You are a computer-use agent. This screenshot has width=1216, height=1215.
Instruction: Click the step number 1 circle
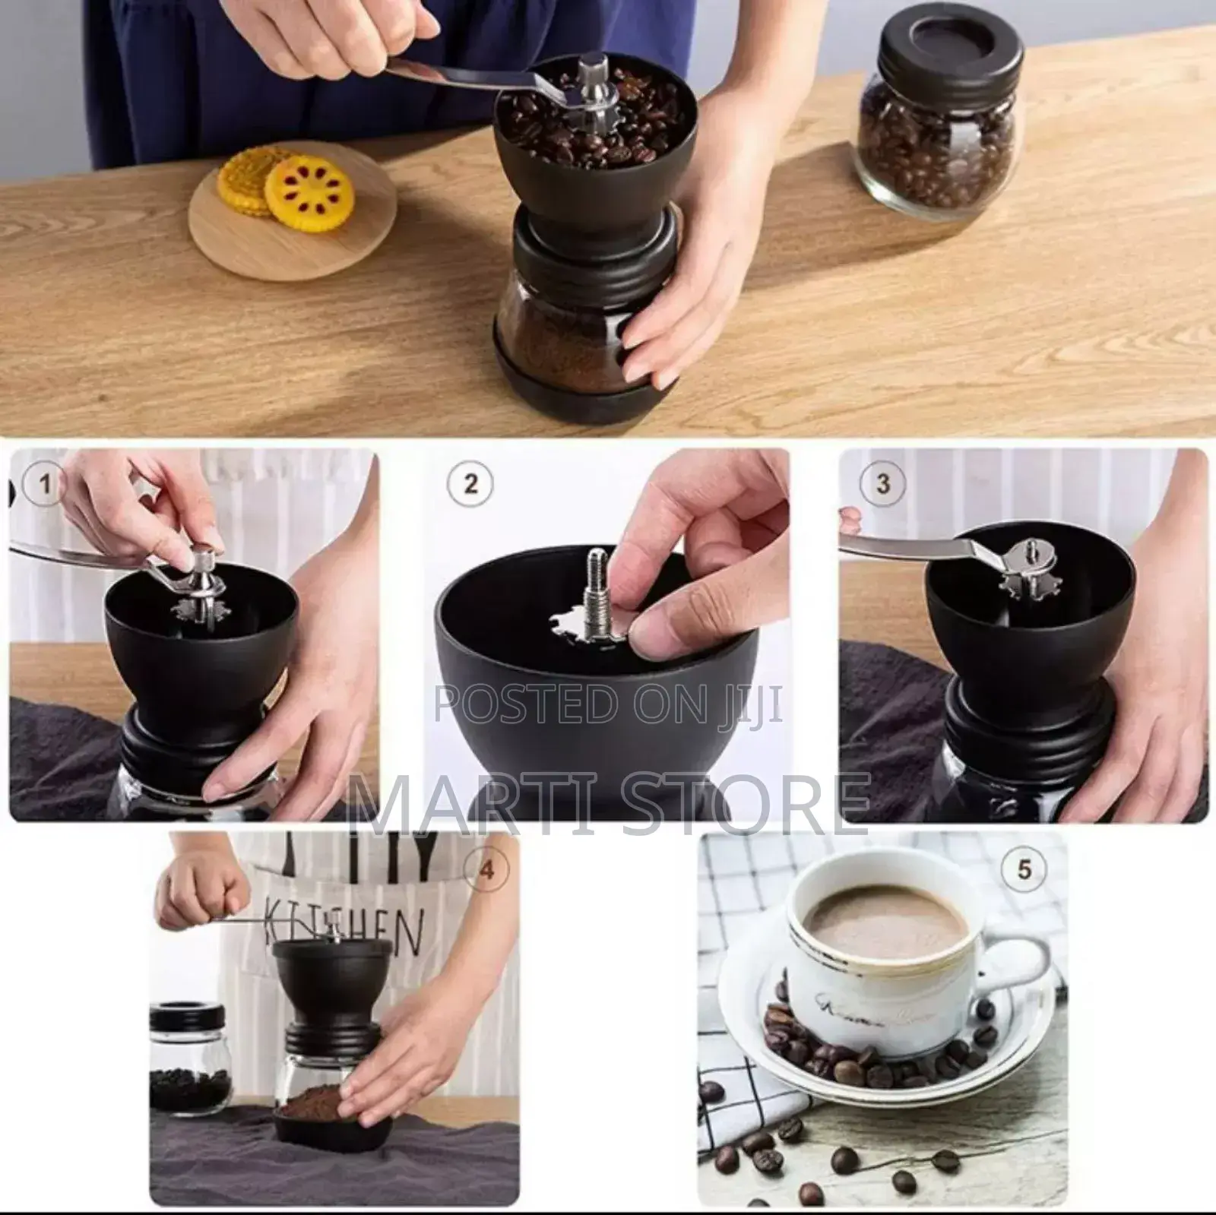pyautogui.click(x=45, y=484)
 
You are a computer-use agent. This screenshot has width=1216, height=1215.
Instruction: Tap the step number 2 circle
pyautogui.click(x=470, y=484)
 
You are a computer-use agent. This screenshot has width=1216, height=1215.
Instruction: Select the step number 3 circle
pyautogui.click(x=882, y=484)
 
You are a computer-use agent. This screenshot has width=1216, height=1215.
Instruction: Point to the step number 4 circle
pyautogui.click(x=486, y=869)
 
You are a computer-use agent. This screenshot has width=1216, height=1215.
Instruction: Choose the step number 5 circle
pyautogui.click(x=1024, y=869)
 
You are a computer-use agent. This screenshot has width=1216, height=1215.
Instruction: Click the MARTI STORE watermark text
pyautogui.click(x=608, y=802)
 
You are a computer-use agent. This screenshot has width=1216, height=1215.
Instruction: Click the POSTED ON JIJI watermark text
pyautogui.click(x=608, y=704)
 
